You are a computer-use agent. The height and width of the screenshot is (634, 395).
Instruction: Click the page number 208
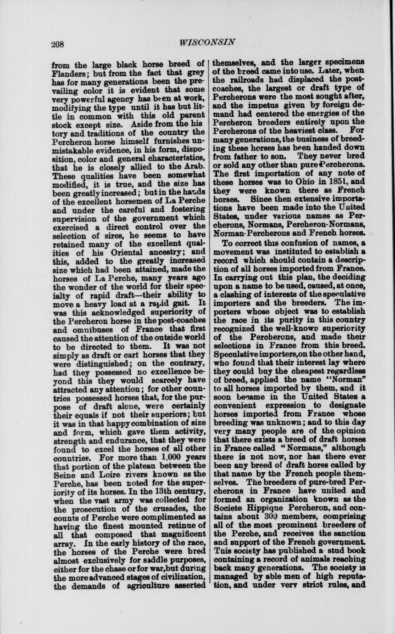coord(58,45)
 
